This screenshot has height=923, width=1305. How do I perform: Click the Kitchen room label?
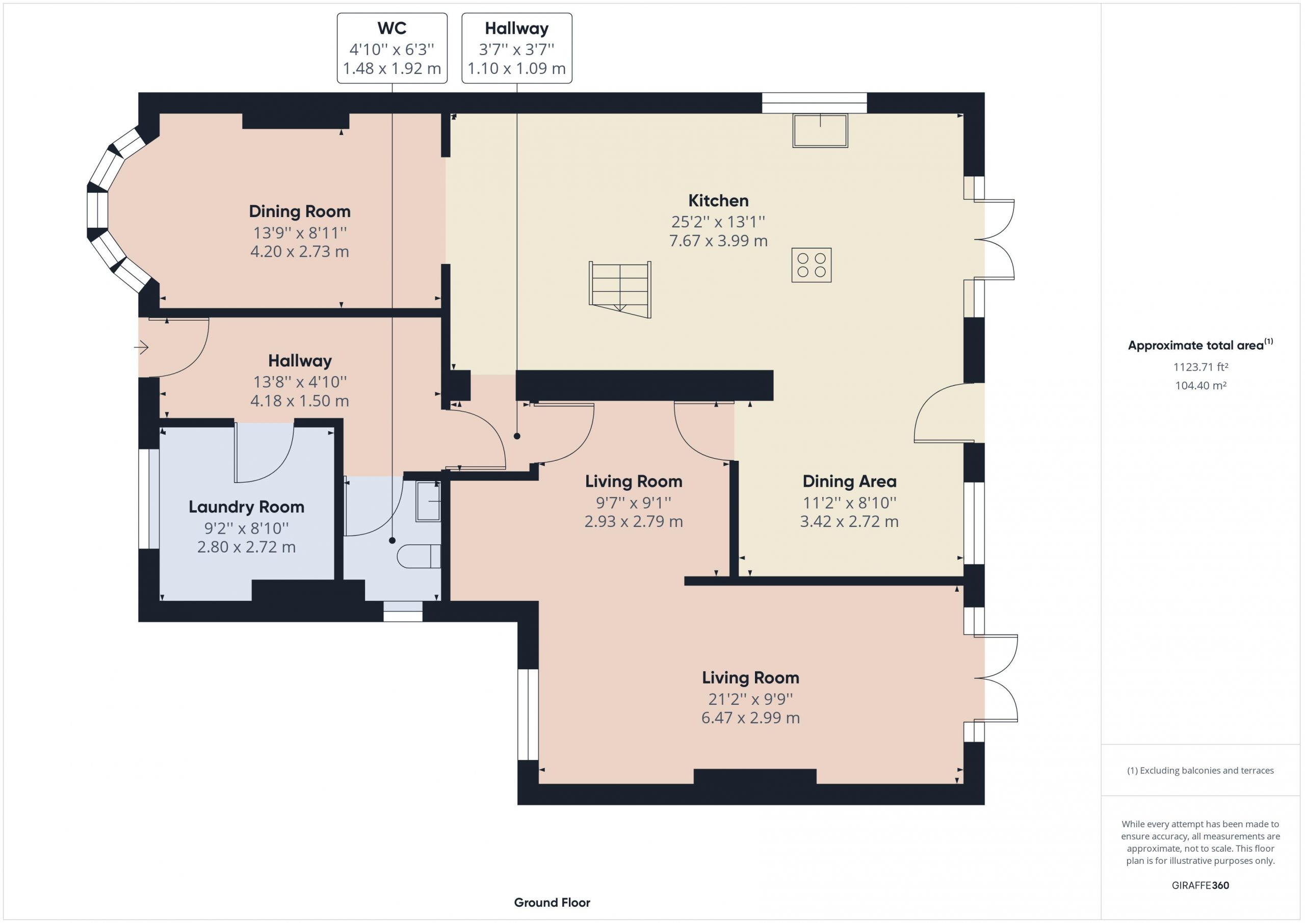[x=718, y=201]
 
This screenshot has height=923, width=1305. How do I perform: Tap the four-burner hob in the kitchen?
[x=811, y=265]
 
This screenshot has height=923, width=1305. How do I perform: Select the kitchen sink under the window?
[x=820, y=130]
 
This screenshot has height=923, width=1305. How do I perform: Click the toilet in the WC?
[x=419, y=556]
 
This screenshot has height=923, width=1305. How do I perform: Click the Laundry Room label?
[x=246, y=507]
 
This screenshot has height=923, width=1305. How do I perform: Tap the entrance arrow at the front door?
[x=141, y=347]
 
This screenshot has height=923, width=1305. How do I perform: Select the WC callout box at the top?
[x=391, y=48]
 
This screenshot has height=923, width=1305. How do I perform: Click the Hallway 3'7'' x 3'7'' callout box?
[x=517, y=48]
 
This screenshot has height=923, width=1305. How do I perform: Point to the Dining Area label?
[x=849, y=482]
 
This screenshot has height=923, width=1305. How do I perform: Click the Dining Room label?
[x=300, y=212]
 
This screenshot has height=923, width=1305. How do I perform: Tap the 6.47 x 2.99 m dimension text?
[x=750, y=718]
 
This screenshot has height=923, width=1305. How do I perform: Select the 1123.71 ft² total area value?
[x=1200, y=367]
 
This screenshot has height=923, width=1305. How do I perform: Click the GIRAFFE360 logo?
[x=1200, y=885]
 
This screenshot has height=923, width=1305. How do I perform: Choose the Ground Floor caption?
[x=552, y=902]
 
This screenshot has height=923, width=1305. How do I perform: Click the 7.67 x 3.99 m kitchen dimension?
[x=718, y=241]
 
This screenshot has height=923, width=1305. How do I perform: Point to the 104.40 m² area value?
[x=1200, y=385]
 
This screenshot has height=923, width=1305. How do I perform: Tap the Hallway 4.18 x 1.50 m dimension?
[x=300, y=401]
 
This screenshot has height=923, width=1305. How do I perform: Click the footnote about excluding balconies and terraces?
[x=1200, y=770]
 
